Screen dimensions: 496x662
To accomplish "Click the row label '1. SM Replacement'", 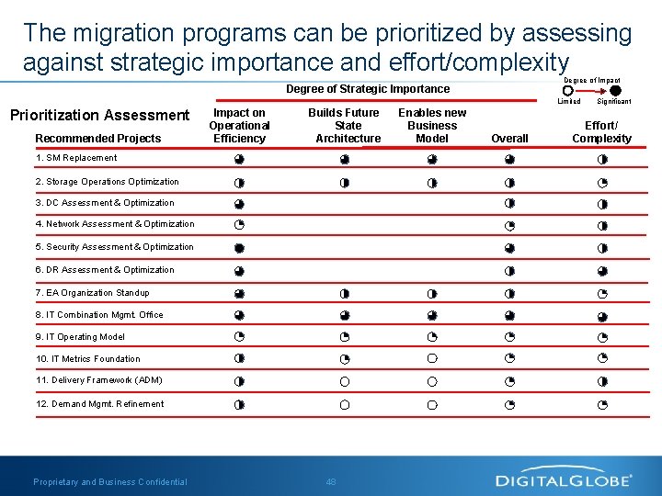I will point(76,158).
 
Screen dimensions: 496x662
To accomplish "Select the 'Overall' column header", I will point(509,139).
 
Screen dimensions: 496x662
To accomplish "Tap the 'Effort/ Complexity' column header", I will point(601,132).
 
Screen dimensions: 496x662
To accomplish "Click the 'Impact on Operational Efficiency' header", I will point(239,126).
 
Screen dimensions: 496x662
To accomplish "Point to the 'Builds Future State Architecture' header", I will point(348,126).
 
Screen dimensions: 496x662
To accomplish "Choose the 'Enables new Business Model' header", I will point(431,126).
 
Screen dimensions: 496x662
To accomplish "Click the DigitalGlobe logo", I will point(564,479).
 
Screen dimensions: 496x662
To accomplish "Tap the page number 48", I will point(331,481).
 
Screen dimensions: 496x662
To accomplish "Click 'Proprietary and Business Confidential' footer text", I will point(110,481).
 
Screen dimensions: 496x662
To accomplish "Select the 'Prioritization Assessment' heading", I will point(99,115).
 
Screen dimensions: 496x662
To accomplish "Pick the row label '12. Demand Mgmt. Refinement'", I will point(100,404).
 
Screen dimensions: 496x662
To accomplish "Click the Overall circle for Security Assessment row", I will point(509,248).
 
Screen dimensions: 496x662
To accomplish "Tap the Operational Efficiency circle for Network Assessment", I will point(239,225).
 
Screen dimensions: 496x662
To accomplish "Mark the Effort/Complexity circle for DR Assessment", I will point(602,271).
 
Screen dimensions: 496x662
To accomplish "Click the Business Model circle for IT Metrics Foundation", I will point(431,359).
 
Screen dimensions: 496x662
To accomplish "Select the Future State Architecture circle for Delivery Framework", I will point(345,381).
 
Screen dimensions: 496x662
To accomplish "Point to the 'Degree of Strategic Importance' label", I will point(368,89).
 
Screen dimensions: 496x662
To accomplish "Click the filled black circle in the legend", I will point(615,91).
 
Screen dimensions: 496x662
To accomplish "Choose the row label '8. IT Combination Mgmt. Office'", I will point(99,315).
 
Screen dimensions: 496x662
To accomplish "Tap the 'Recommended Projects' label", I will point(97,139).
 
